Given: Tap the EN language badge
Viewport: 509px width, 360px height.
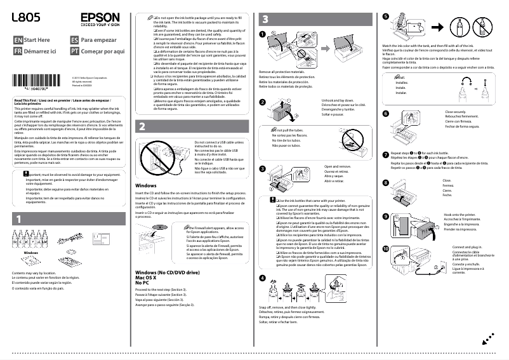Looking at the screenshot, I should (17, 39).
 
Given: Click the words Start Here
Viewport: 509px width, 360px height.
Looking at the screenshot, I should (37, 39).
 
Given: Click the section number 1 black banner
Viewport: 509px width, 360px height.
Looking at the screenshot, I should (69, 218).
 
